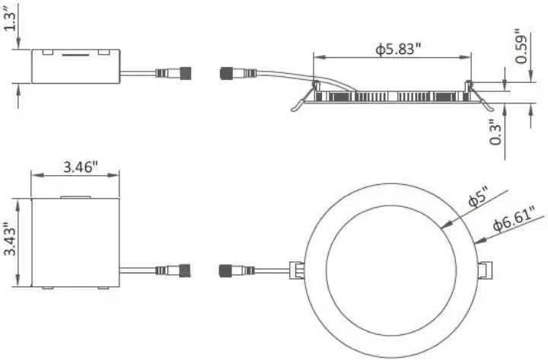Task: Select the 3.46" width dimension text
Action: (x=75, y=167)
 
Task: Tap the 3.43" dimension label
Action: (x=10, y=240)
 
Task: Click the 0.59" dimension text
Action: (x=521, y=46)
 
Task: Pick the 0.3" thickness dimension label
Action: (x=496, y=132)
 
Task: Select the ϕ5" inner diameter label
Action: (x=476, y=199)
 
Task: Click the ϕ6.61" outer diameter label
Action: (x=515, y=224)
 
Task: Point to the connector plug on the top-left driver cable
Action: (x=174, y=74)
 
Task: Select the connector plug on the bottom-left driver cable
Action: (x=174, y=270)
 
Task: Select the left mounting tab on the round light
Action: (x=295, y=270)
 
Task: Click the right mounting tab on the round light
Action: (x=484, y=270)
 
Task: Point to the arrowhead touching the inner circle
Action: (x=444, y=225)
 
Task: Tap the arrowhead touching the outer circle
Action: (x=476, y=242)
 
